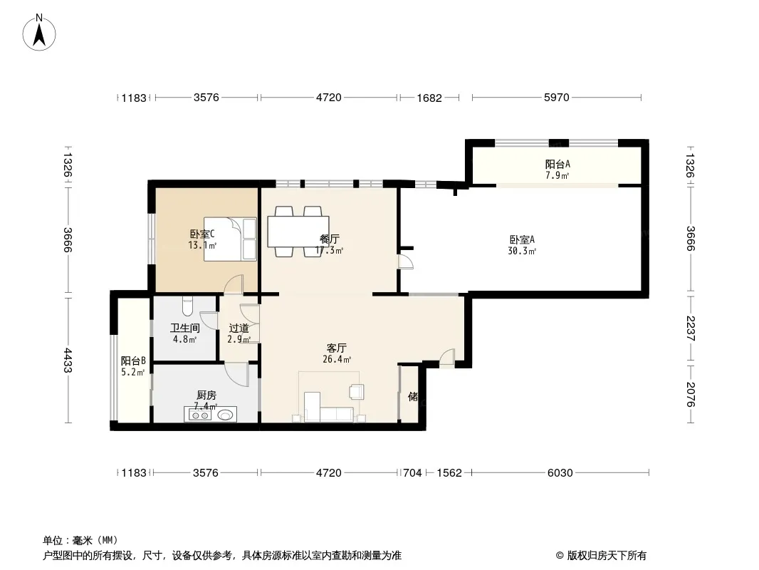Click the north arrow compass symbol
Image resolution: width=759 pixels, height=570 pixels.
39,33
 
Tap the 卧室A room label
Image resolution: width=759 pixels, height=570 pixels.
522,239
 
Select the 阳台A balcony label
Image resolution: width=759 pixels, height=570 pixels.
558,164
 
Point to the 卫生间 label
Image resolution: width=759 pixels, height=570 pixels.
185,328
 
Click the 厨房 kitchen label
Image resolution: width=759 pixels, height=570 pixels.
206,395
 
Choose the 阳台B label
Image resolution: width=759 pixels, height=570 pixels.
133,361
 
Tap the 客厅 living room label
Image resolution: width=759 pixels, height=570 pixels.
336,348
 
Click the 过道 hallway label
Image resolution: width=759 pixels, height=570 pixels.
239,328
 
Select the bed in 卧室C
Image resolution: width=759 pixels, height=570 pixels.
230,239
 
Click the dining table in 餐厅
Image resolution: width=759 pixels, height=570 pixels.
298,232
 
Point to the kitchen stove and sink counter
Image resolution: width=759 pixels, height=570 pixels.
210,415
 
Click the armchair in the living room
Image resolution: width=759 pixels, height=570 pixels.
356,391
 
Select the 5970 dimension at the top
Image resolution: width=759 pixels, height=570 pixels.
557,98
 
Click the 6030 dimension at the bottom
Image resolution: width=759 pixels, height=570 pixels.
560,472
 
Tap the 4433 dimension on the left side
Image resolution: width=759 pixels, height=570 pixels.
68,361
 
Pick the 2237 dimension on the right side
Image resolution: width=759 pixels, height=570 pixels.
691,328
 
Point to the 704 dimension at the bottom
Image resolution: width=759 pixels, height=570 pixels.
412,472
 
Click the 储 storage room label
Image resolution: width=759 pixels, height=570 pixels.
413,397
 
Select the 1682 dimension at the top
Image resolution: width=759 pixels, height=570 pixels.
429,98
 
